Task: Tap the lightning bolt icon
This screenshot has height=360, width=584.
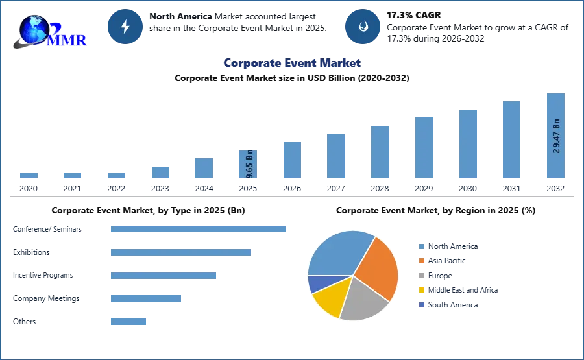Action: [x=126, y=27]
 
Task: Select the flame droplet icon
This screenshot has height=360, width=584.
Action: [x=363, y=27]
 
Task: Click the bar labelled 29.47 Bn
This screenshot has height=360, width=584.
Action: [x=555, y=137]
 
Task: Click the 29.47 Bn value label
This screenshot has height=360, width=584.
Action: [x=556, y=136]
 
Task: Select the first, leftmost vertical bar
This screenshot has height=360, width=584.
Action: [x=29, y=176]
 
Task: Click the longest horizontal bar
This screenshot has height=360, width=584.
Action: [x=199, y=228]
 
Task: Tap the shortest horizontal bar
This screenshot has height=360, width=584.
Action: [x=129, y=321]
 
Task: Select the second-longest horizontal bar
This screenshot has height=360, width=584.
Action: [x=181, y=254]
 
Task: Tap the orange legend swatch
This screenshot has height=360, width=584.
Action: [x=421, y=261]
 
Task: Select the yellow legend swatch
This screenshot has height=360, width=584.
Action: [x=421, y=291]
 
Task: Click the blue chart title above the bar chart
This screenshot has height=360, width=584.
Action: [x=292, y=63]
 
